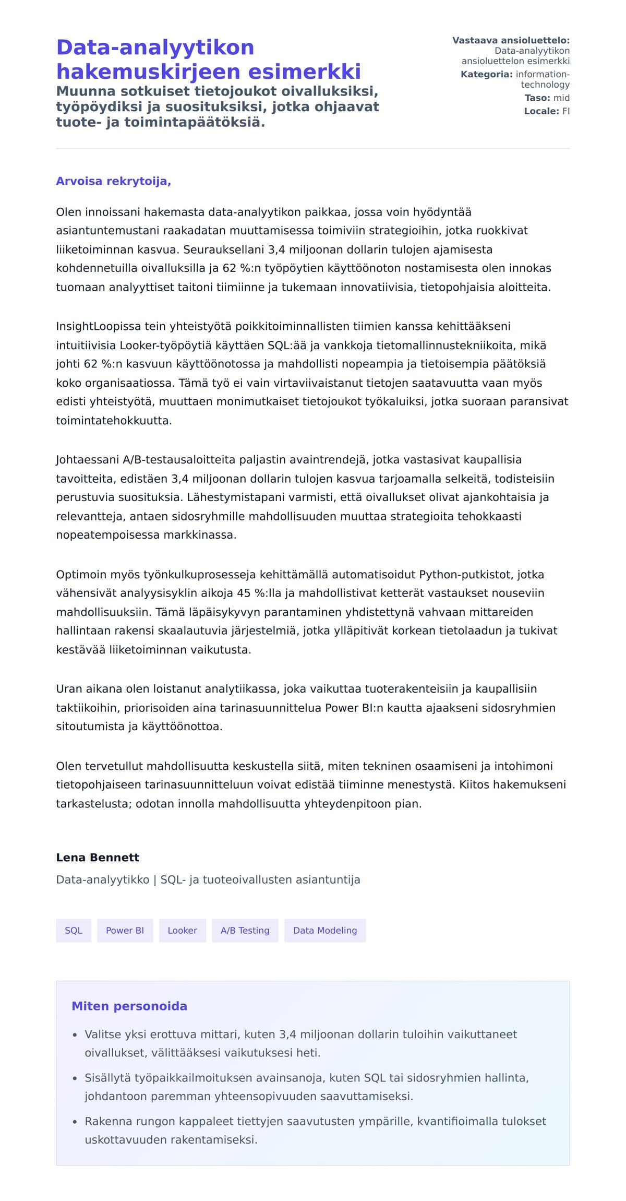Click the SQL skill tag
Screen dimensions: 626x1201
click(x=74, y=930)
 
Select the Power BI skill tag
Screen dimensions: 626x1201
click(x=125, y=930)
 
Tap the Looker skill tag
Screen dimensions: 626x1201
click(x=182, y=930)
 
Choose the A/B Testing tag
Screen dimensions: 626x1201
click(x=245, y=930)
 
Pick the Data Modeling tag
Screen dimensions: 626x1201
click(x=324, y=930)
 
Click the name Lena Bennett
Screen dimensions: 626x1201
click(x=98, y=857)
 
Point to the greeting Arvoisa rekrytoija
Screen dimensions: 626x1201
click(x=113, y=181)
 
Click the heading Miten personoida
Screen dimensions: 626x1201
click(x=129, y=1006)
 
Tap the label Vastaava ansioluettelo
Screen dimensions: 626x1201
click(x=511, y=40)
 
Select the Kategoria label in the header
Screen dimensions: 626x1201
click(x=486, y=74)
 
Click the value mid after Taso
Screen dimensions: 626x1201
click(x=561, y=98)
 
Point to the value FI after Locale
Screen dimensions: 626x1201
click(x=565, y=111)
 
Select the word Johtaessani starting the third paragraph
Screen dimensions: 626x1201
click(x=88, y=459)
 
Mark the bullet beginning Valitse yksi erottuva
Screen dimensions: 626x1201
click(x=300, y=1034)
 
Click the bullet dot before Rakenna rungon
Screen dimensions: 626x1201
click(x=75, y=1121)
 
